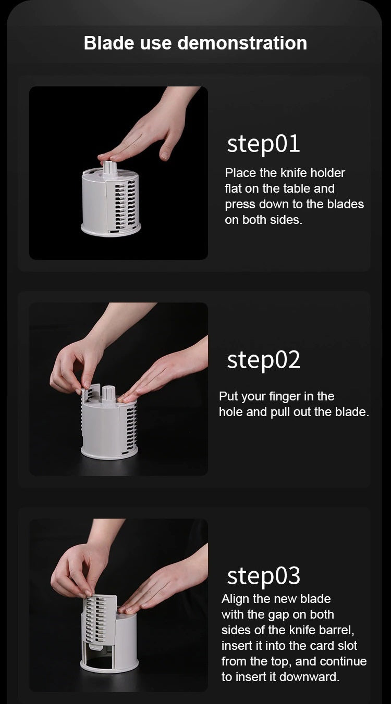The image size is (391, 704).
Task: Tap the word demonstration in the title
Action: tap(242, 43)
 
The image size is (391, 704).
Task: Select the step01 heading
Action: tap(263, 144)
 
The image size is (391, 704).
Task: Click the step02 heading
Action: tap(264, 360)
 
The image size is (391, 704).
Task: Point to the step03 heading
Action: tap(264, 576)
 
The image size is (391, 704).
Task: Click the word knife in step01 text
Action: tap(294, 173)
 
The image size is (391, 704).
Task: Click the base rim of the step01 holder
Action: tap(111, 230)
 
